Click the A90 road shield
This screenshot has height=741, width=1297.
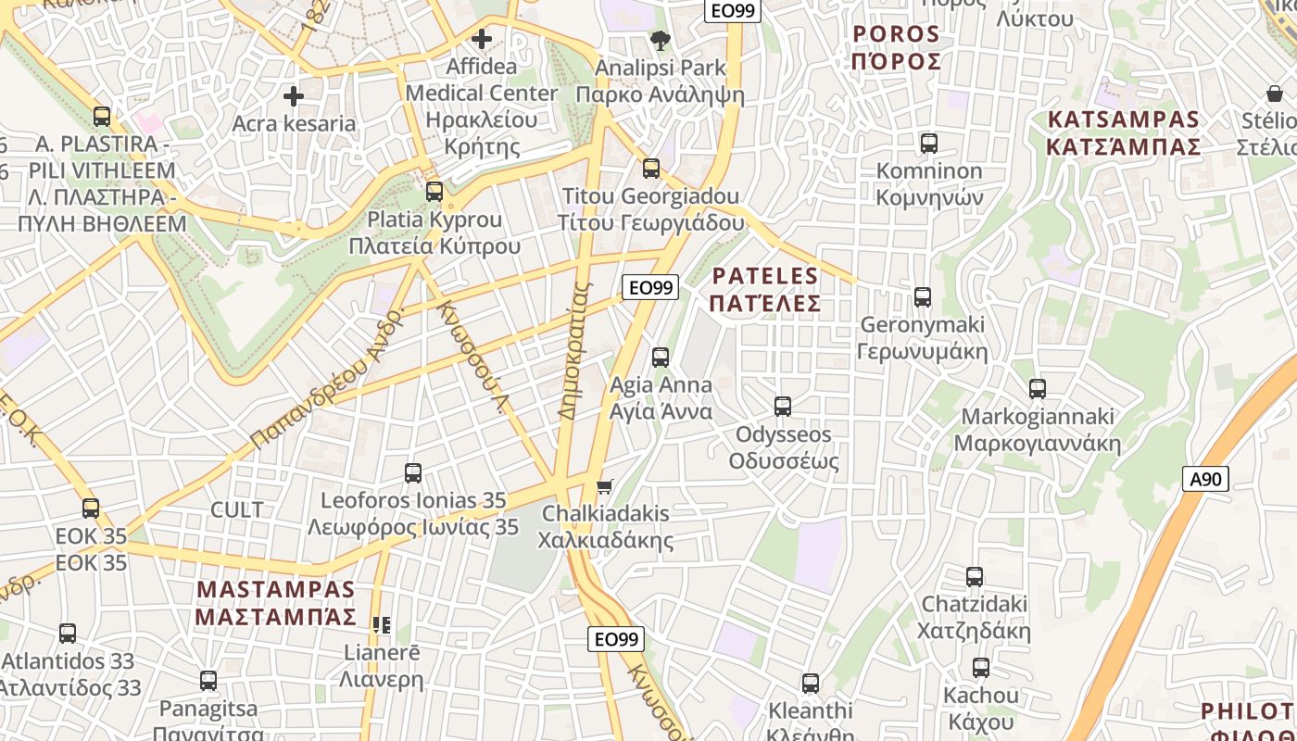point(1206,479)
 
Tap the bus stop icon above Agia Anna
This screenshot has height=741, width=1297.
point(661,357)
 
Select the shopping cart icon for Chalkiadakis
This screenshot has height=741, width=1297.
point(605,485)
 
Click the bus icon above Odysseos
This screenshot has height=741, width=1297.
point(783,406)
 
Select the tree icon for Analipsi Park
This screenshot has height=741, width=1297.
point(660,40)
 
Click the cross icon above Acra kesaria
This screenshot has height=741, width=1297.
point(294,95)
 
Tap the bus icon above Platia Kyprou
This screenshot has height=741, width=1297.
point(434,192)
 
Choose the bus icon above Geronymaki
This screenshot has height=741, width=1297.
point(923,296)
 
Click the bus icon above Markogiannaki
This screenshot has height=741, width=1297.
point(1038,388)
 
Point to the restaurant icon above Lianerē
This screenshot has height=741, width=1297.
point(381,625)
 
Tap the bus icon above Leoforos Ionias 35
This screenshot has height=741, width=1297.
point(413,472)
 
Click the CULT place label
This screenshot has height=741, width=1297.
point(237,509)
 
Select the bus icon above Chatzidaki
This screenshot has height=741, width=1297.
point(975,576)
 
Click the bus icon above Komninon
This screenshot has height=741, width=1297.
point(929,143)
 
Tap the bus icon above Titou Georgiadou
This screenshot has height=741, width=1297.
point(651,168)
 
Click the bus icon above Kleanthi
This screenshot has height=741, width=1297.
point(811,683)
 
